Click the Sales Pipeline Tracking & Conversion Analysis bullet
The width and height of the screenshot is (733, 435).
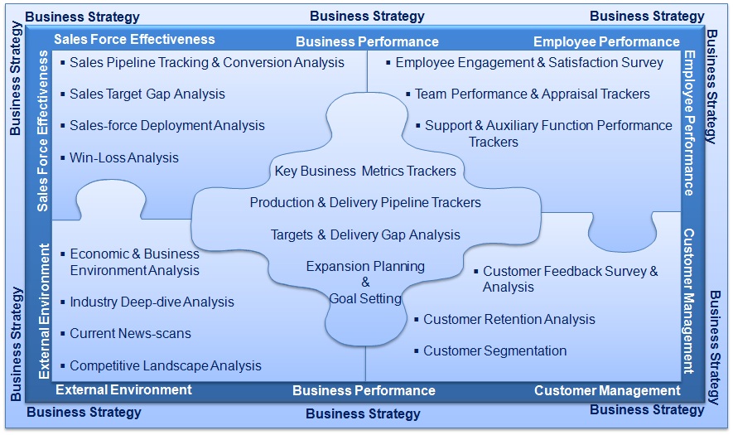[206, 62]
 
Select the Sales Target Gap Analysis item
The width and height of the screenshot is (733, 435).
[147, 94]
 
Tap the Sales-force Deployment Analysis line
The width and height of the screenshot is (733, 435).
[166, 125]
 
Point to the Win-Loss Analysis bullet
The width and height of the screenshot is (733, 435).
[123, 157]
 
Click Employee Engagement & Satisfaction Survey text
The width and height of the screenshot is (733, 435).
[529, 62]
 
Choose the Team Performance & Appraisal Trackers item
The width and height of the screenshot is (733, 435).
[532, 94]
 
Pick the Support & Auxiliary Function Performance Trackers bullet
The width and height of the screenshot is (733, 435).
[548, 133]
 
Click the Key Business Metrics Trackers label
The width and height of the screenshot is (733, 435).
[365, 171]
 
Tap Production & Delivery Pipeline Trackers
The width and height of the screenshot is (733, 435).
[365, 202]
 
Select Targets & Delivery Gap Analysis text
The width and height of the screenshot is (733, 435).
[365, 234]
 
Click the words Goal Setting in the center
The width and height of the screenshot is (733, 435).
[365, 298]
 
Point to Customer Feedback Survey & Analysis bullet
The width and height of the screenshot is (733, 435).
[570, 278]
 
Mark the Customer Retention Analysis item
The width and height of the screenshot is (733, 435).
[509, 319]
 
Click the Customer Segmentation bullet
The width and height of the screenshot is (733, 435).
[494, 350]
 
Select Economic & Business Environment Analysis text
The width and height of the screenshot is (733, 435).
[134, 262]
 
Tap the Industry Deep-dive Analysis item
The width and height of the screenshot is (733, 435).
[152, 302]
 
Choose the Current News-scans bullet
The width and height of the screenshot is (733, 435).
[130, 333]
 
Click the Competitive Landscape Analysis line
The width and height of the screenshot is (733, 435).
[165, 365]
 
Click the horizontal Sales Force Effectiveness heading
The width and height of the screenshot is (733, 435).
[134, 39]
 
